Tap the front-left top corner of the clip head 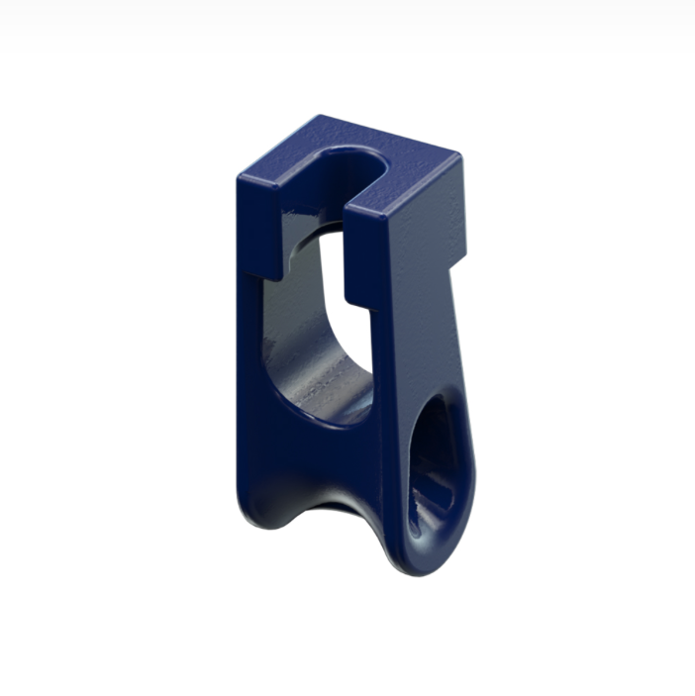click(x=240, y=178)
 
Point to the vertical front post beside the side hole click(x=391, y=436)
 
